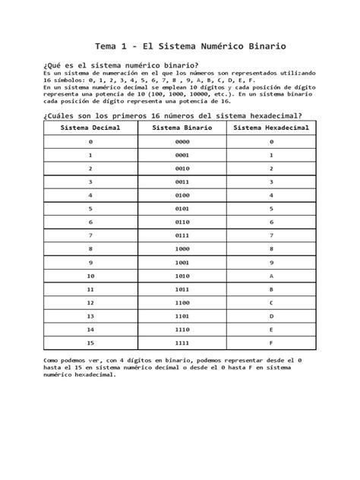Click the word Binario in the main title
tap(264, 47)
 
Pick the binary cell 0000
tap(182, 142)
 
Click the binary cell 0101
tap(182, 208)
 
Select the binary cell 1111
tap(182, 342)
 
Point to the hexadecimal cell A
tap(271, 275)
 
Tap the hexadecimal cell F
tap(271, 342)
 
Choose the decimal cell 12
tap(90, 302)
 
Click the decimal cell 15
tap(90, 342)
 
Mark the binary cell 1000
tap(182, 248)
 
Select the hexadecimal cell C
tap(271, 302)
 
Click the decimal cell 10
tap(90, 275)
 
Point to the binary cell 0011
tap(182, 182)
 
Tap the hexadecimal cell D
tap(271, 315)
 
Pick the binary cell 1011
tap(182, 289)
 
